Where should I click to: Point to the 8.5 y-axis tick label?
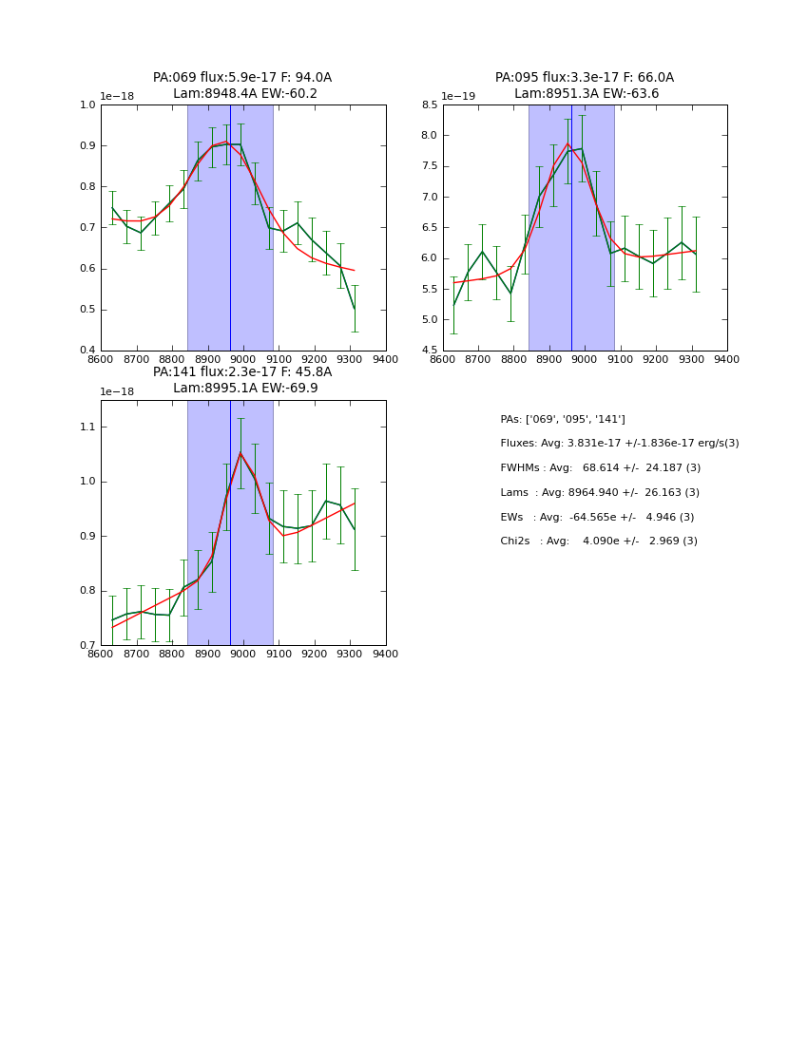428,104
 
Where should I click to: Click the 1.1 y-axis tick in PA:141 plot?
87,427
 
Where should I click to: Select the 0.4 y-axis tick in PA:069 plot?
87,351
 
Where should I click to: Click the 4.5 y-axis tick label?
428,351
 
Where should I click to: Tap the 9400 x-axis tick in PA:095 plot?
727,359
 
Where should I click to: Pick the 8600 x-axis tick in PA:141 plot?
101,654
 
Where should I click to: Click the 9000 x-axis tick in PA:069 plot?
243,359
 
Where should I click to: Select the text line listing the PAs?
563,419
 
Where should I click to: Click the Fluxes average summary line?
619,444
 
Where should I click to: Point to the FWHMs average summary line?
600,468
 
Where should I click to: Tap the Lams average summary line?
600,493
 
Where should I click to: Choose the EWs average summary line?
597,517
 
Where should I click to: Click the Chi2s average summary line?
599,541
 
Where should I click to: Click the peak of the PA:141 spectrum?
240,452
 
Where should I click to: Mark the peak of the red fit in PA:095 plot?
568,143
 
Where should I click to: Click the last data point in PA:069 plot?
355,308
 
